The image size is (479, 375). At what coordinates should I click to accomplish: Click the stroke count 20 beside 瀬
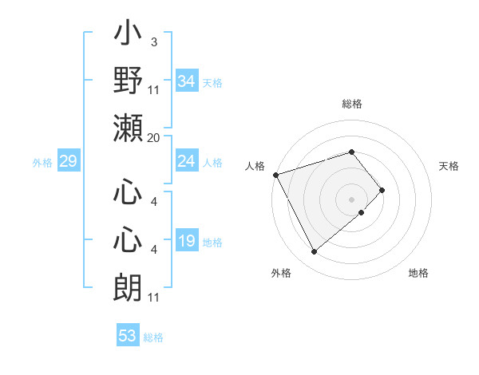pyautogui.click(x=154, y=138)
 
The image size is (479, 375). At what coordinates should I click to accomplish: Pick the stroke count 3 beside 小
pyautogui.click(x=153, y=41)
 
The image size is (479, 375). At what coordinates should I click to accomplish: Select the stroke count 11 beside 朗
pyautogui.click(x=154, y=298)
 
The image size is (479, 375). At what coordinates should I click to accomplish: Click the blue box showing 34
pyautogui.click(x=186, y=81)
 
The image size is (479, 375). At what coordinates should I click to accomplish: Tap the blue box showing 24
pyautogui.click(x=186, y=162)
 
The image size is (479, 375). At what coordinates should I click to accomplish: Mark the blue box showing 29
pyautogui.click(x=68, y=162)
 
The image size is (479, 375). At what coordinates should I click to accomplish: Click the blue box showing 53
pyautogui.click(x=127, y=336)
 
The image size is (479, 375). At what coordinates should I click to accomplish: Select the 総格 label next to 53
pyautogui.click(x=153, y=337)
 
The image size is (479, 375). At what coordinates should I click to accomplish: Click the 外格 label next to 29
pyautogui.click(x=42, y=163)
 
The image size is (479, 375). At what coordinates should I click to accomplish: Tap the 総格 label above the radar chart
pyautogui.click(x=352, y=104)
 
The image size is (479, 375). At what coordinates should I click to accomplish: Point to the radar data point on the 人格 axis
pyautogui.click(x=275, y=174)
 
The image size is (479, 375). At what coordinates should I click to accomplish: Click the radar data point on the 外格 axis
pyautogui.click(x=314, y=251)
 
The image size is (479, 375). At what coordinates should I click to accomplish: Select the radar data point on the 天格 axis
pyautogui.click(x=382, y=190)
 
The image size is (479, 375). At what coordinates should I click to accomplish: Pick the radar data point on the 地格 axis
pyautogui.click(x=362, y=212)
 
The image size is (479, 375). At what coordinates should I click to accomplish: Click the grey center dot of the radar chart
pyautogui.click(x=352, y=199)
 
